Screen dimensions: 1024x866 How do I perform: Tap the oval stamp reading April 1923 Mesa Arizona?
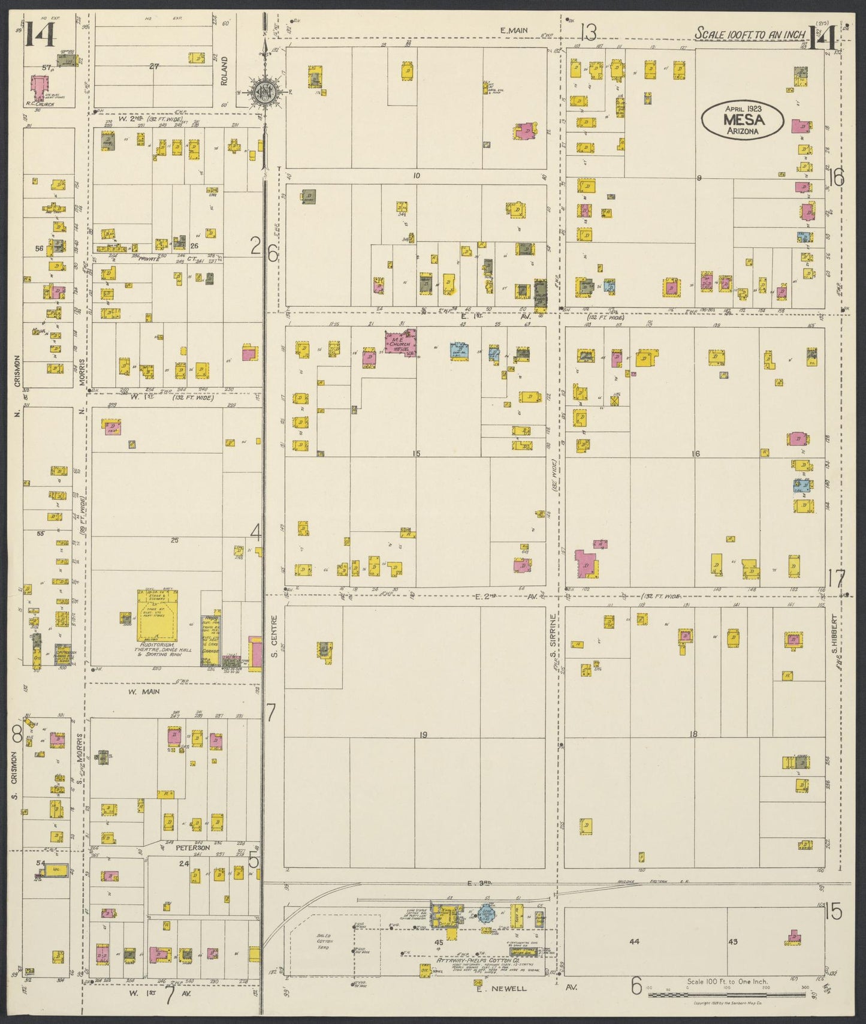(743, 121)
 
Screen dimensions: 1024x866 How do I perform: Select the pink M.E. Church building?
(400, 342)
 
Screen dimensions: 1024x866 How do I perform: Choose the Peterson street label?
(192, 848)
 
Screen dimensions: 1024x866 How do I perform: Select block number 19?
(423, 735)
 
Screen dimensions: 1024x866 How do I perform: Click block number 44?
(634, 941)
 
